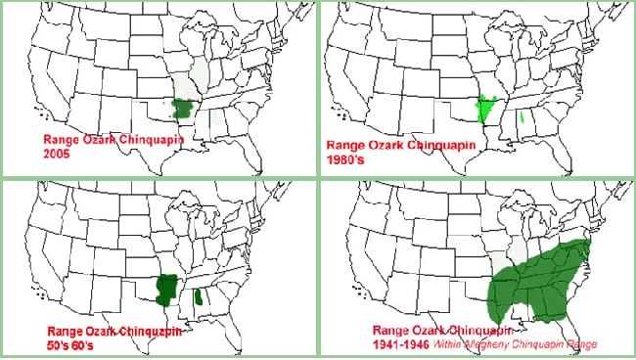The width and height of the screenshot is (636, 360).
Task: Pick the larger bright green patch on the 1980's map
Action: pyautogui.click(x=485, y=109)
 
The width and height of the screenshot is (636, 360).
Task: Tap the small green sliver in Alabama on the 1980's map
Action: pyautogui.click(x=525, y=119)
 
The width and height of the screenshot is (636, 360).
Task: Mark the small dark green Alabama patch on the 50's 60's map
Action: pyautogui.click(x=200, y=297)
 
